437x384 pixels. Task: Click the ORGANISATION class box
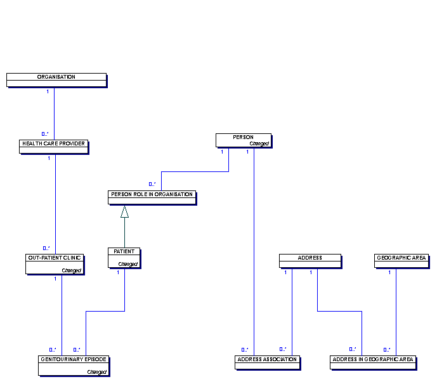pyautogui.click(x=56, y=80)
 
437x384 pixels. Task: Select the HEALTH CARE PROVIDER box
pyautogui.click(x=54, y=147)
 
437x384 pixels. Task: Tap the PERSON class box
pyautogui.click(x=244, y=140)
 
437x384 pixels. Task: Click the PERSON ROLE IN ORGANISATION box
pyautogui.click(x=152, y=197)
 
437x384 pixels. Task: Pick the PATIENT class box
pyautogui.click(x=124, y=258)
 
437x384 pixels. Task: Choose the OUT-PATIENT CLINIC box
pyautogui.click(x=55, y=264)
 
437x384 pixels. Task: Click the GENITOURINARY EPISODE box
pyautogui.click(x=74, y=366)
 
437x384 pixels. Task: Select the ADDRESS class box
pyautogui.click(x=310, y=261)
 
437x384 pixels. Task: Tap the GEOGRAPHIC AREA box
pyautogui.click(x=401, y=261)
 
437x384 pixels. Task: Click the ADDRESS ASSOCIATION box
pyautogui.click(x=267, y=362)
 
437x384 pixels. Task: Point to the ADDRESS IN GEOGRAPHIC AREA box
pyautogui.click(x=373, y=362)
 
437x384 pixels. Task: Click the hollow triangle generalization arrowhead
pyautogui.click(x=124, y=211)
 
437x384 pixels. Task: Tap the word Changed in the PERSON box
pyautogui.click(x=259, y=143)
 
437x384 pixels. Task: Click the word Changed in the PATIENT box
pyautogui.click(x=128, y=264)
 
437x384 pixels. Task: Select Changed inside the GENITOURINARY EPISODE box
pyautogui.click(x=96, y=372)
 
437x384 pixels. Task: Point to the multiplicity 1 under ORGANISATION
pyautogui.click(x=48, y=91)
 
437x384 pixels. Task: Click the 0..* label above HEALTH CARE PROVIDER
pyautogui.click(x=45, y=134)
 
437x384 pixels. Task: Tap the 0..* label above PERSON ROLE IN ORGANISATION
pyautogui.click(x=152, y=184)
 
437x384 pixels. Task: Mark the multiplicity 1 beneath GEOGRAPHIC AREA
pyautogui.click(x=389, y=272)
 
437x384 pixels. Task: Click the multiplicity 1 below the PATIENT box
pyautogui.click(x=118, y=272)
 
